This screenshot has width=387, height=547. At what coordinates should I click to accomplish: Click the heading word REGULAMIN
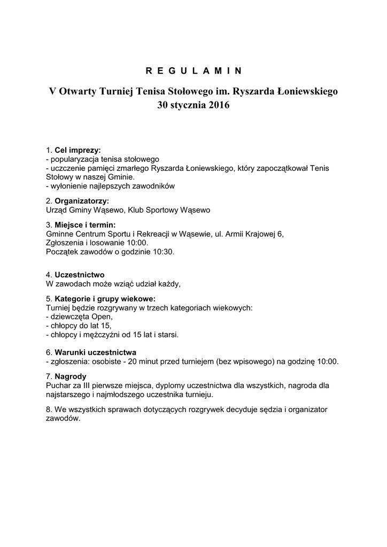click(193, 71)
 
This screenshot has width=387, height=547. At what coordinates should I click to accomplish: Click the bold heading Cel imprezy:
click(78, 150)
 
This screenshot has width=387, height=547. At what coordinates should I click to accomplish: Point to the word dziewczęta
click(70, 317)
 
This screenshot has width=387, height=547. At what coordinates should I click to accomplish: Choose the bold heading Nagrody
click(71, 376)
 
